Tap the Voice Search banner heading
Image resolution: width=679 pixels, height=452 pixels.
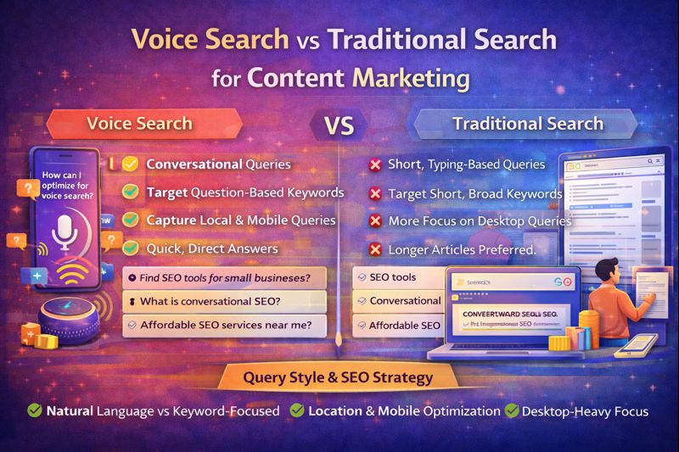tap(139, 123)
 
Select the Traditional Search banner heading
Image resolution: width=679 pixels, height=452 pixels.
tap(527, 123)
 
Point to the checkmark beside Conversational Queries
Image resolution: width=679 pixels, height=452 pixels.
tap(131, 165)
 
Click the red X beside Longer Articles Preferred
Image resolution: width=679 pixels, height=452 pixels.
tap(373, 249)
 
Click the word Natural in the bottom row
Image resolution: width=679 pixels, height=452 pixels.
tap(70, 411)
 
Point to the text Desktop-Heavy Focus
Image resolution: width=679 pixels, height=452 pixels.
tap(586, 411)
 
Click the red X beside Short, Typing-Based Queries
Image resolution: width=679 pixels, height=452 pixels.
tap(373, 165)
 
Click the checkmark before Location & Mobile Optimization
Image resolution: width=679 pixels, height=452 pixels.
tap(297, 411)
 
